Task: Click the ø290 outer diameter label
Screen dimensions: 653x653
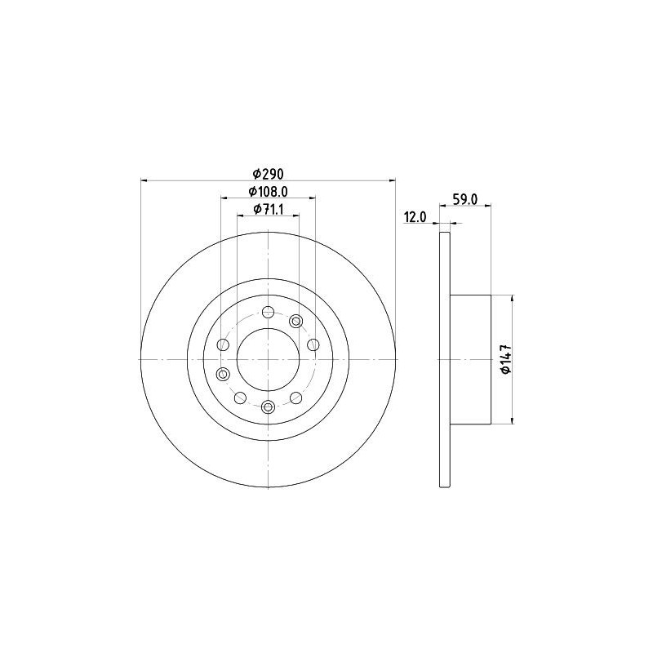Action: (269, 173)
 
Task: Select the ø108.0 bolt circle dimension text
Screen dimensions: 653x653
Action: (269, 191)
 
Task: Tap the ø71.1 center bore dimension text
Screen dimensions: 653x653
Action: (269, 209)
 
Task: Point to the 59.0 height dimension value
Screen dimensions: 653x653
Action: (464, 199)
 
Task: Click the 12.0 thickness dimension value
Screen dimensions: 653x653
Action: (415, 217)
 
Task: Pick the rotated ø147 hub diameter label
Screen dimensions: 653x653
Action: (506, 359)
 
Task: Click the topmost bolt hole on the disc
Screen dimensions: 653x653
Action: (269, 312)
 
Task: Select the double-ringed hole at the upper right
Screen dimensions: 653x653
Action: (296, 321)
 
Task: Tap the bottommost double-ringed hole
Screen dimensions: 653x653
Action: (269, 406)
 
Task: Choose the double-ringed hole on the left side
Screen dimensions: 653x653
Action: (224, 374)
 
